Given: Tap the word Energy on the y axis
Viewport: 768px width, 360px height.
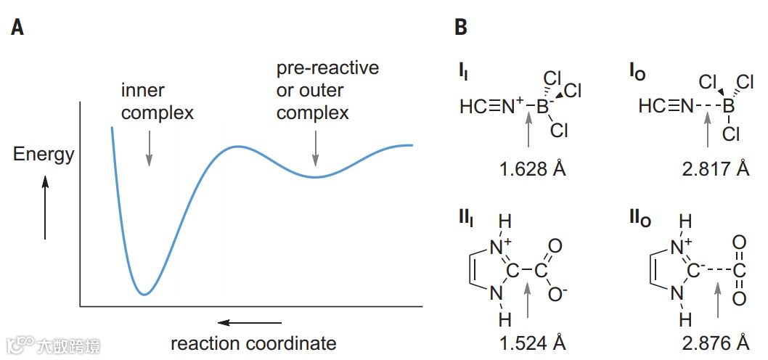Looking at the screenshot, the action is [x=44, y=155].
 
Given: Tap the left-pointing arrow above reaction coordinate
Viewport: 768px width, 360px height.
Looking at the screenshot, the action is [x=250, y=322].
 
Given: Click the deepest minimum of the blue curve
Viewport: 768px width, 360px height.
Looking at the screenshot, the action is [x=144, y=294].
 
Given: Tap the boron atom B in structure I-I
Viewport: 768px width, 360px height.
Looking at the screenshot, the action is [x=542, y=107].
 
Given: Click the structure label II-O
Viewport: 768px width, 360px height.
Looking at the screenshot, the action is [x=643, y=217].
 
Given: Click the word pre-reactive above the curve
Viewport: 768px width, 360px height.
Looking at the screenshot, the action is [x=327, y=68].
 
